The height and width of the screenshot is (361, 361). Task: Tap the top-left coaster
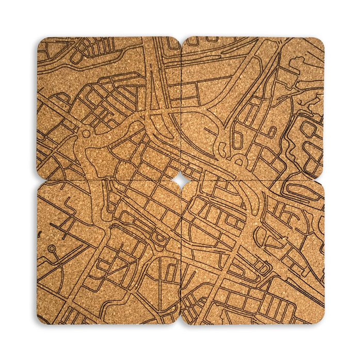[x=108, y=108]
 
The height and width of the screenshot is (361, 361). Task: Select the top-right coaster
[x=253, y=108]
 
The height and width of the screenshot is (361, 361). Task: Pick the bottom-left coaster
[x=108, y=253]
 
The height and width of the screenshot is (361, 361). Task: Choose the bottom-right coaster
[x=253, y=253]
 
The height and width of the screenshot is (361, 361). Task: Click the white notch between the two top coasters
[x=180, y=38]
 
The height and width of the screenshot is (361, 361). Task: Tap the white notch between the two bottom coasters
[x=180, y=323]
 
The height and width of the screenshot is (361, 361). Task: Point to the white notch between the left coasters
[x=38, y=180]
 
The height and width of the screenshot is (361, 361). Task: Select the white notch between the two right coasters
[x=323, y=180]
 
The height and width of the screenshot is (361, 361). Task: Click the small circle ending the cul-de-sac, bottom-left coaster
[x=52, y=248]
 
